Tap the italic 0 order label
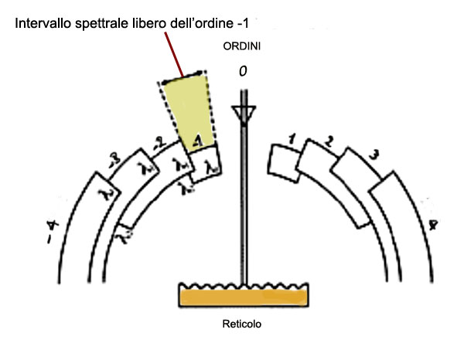[243, 70]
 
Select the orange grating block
[244, 295]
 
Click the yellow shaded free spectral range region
[187, 108]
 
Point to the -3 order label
[113, 161]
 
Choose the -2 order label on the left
[160, 141]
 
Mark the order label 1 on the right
[292, 138]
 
